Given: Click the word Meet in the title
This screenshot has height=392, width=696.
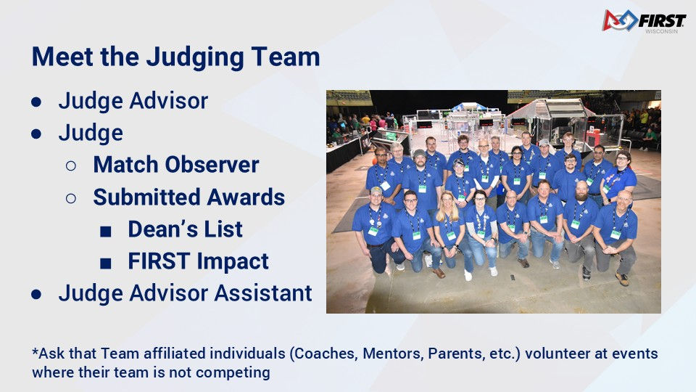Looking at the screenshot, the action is point(62,57).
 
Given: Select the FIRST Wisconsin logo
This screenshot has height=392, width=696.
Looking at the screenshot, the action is point(644,21).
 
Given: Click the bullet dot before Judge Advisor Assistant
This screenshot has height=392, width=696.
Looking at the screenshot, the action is point(36,294).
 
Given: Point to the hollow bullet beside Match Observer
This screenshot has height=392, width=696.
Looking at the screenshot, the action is point(70,166).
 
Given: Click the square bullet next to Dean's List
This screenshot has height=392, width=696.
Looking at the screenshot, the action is point(106,231).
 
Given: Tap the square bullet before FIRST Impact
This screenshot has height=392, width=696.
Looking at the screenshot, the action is point(106,264).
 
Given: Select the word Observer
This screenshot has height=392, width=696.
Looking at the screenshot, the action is point(212,165).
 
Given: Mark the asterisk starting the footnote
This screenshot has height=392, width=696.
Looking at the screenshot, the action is point(35,351).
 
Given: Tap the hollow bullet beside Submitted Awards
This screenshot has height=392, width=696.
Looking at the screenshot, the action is point(70,198).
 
